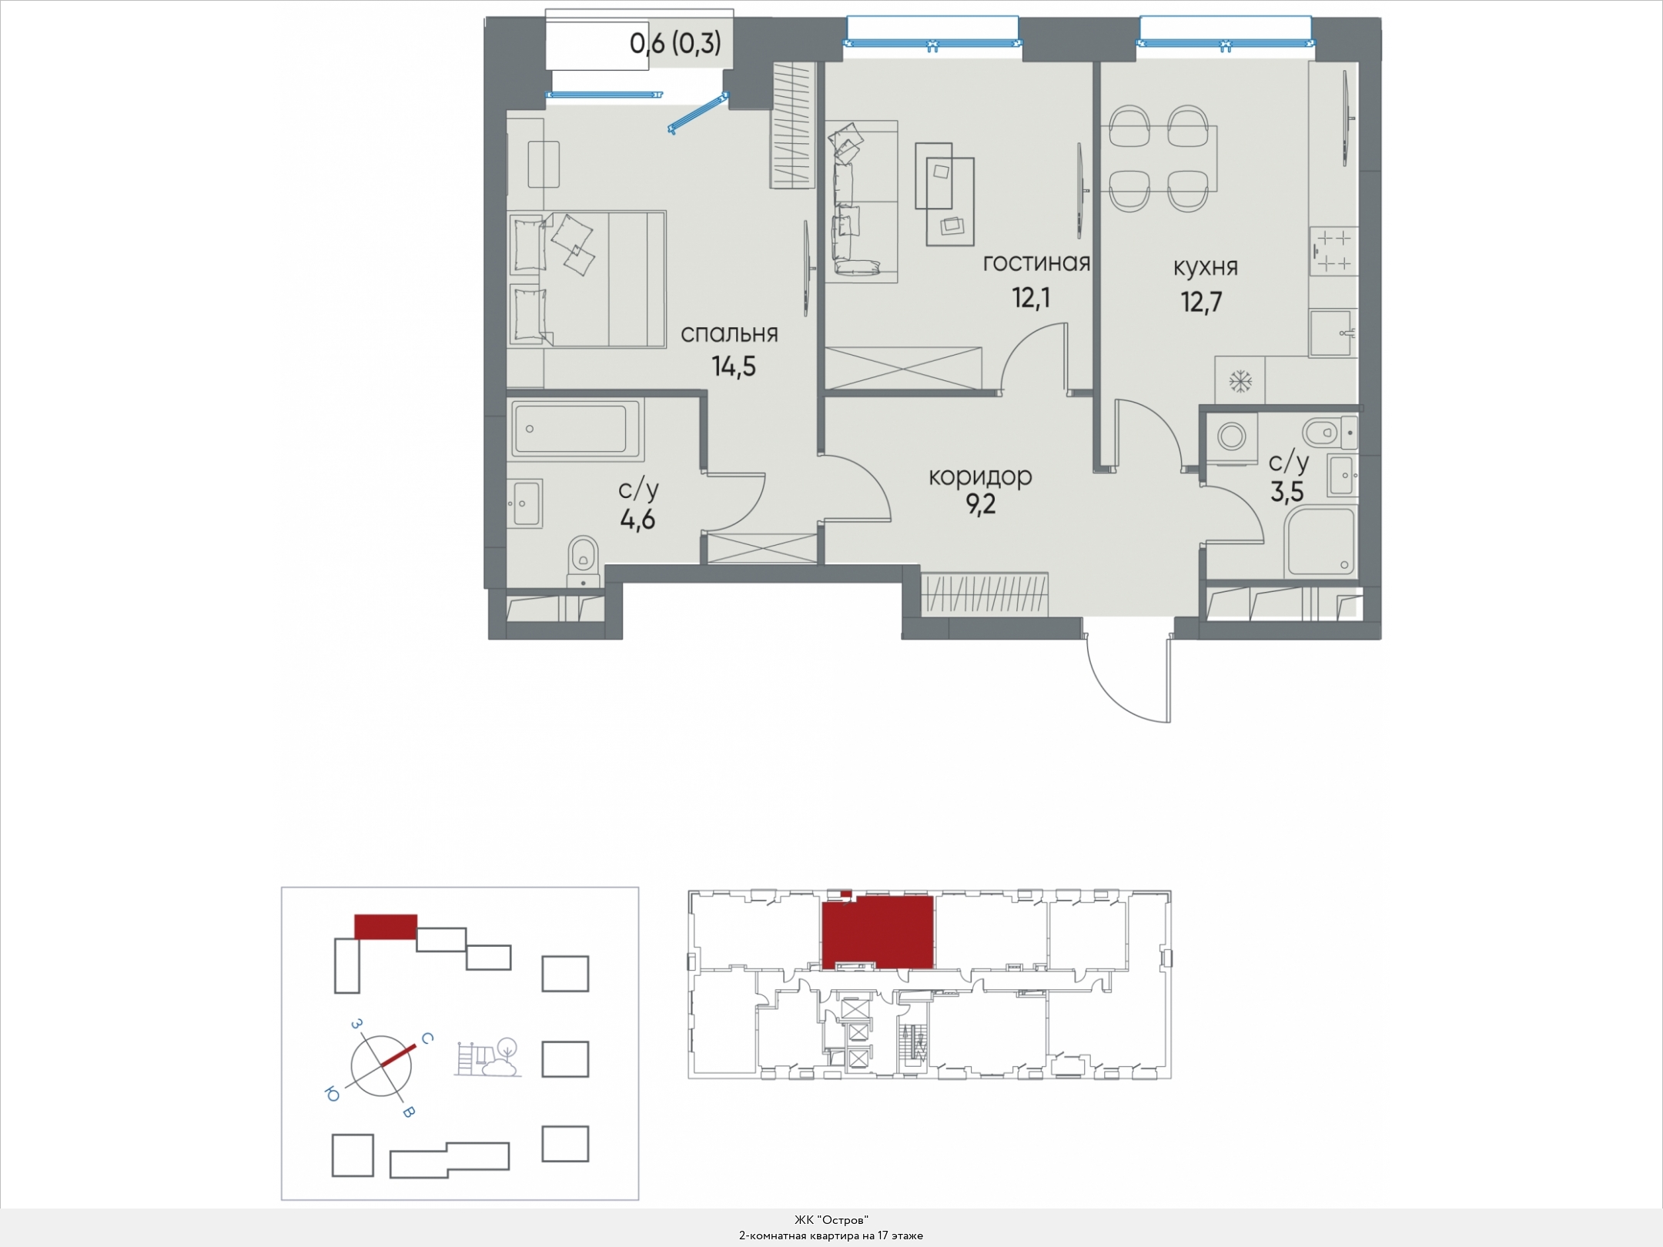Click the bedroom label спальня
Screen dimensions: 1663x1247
pos(729,334)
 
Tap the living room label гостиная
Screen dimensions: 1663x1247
pos(1036,263)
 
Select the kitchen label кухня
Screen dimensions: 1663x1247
pos(1206,267)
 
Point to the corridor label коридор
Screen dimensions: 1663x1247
pos(980,477)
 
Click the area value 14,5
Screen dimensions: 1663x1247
pos(734,367)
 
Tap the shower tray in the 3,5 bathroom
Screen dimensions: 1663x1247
pos(1320,542)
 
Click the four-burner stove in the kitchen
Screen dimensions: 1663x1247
pos(1333,252)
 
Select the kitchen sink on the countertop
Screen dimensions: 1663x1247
pos(1333,333)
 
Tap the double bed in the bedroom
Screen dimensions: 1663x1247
pos(587,279)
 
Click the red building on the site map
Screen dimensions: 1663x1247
pos(386,927)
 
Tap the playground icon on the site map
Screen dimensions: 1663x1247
pos(487,1058)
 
